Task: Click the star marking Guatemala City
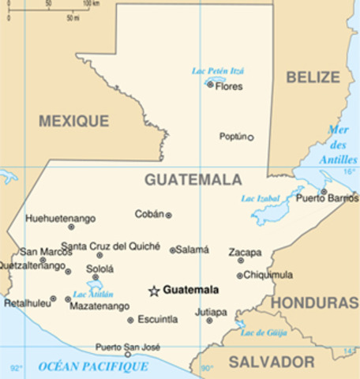154,291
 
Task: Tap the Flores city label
229,86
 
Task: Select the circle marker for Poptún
250,137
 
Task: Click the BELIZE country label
313,77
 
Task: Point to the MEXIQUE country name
74,121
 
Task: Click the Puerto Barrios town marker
324,191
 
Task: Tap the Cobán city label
149,214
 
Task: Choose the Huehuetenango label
61,218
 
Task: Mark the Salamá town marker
173,250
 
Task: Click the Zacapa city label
246,252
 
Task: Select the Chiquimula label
268,275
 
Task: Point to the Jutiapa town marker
209,321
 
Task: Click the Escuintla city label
157,320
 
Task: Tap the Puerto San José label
128,347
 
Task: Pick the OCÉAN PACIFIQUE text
93,366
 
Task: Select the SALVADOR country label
272,362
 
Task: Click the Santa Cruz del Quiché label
111,246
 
